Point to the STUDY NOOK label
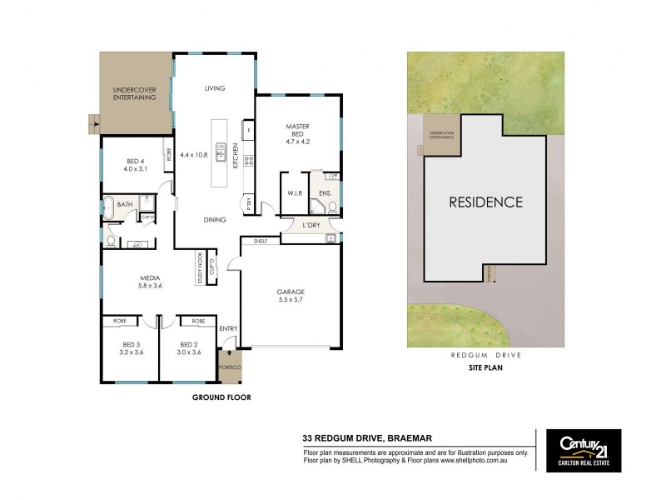(200, 267)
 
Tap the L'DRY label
(311, 226)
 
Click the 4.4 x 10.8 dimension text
(194, 155)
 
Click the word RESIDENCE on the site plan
(486, 202)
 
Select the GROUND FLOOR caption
(221, 397)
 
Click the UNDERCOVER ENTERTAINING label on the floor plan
(135, 93)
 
